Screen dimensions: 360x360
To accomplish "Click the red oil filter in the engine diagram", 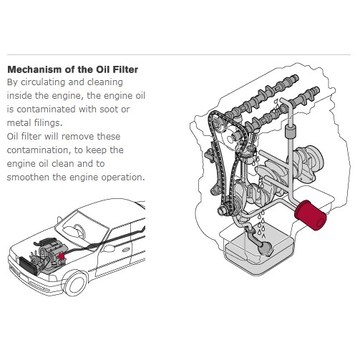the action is [x=311, y=215].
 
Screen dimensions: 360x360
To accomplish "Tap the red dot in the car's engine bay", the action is [x=62, y=256].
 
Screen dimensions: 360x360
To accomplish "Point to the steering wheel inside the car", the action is [x=79, y=230].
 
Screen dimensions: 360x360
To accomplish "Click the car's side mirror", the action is [x=108, y=248].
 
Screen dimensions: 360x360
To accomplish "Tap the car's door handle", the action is [x=126, y=250].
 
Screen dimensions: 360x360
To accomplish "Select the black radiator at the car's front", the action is [x=28, y=266].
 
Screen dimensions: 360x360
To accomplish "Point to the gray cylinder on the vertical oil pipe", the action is [x=291, y=132].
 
